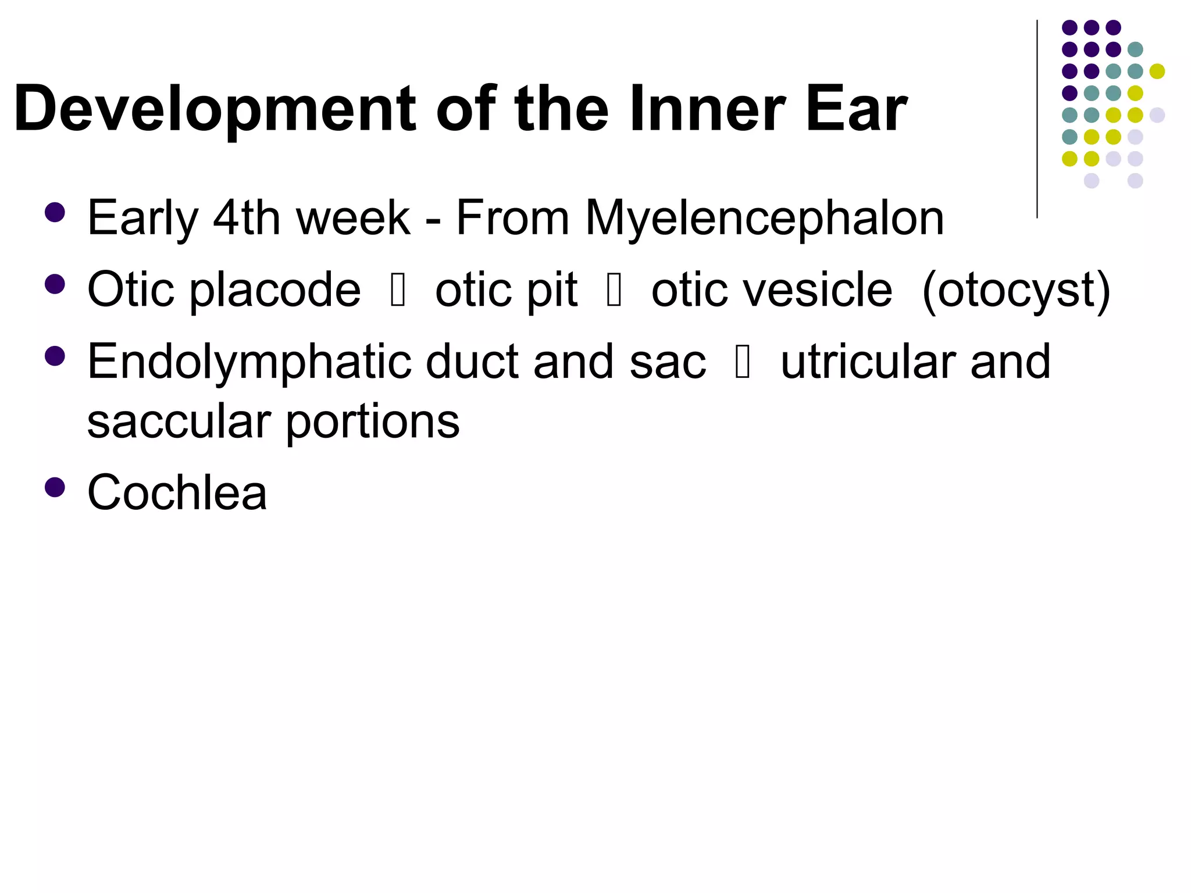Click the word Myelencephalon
[x=764, y=219]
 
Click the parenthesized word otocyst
[x=1017, y=291]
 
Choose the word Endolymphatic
[x=250, y=363]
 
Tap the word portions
[x=372, y=422]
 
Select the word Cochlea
[x=177, y=493]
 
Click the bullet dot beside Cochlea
[x=55, y=487]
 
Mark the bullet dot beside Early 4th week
[x=55, y=212]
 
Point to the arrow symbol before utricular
[x=743, y=362]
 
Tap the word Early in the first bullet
[x=143, y=219]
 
